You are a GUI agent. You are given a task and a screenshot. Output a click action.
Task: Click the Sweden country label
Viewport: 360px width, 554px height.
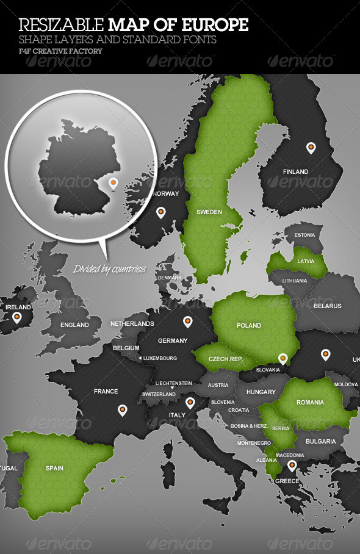pos(209,212)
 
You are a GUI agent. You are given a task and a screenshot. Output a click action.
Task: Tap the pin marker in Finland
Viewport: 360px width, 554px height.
pos(311,148)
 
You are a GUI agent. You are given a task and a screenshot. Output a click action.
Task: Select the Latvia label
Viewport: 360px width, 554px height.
pos(306,261)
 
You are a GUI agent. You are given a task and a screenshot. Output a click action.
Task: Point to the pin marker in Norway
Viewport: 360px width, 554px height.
pos(161,212)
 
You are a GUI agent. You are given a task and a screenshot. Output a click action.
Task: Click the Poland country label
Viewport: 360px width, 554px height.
pos(249,325)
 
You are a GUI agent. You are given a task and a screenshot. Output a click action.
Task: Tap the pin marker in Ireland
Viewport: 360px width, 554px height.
pos(16,317)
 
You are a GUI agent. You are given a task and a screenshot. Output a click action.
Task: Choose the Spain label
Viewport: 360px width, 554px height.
pos(54,469)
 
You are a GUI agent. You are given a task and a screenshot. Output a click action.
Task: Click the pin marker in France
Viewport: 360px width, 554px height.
pos(122,409)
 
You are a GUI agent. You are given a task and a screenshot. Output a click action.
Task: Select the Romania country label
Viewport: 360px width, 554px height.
pos(311,403)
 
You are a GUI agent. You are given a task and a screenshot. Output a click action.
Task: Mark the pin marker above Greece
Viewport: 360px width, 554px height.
pos(292,466)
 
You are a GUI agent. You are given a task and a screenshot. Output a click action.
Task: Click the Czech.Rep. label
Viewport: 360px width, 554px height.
pos(226,359)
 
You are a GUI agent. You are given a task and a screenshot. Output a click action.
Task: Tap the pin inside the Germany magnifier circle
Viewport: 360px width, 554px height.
pos(112,182)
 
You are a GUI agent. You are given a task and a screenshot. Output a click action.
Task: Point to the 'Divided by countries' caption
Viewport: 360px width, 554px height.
pos(109,268)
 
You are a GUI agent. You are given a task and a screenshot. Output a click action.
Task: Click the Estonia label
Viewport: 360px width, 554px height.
pos(304,235)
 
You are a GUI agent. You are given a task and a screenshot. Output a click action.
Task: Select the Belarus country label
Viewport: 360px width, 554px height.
pos(328,306)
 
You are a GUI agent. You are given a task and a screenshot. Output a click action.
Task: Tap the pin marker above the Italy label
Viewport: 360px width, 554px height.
pos(190,402)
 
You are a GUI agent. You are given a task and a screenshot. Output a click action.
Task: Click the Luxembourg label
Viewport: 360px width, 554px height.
pos(160,358)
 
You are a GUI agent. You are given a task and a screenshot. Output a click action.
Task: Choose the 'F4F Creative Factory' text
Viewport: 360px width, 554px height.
pos(60,51)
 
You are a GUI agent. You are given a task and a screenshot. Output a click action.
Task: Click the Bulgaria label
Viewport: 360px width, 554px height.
pos(320,441)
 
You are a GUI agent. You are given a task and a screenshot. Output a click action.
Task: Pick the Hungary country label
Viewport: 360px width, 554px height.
pos(261,392)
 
